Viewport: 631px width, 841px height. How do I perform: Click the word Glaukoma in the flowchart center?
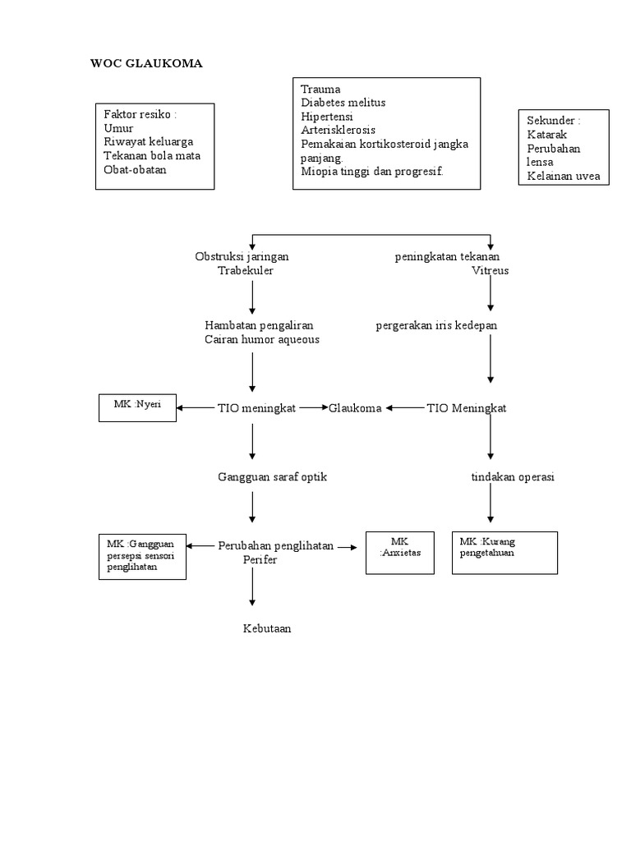pos(355,408)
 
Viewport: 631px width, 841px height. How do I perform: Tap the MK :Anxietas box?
pos(400,552)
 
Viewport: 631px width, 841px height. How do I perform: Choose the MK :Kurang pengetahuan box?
pos(504,552)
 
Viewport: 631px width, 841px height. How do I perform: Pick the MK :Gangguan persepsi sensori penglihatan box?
pos(140,555)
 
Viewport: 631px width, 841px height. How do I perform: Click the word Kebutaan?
pos(267,628)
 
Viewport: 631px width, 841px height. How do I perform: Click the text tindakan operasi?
pos(513,477)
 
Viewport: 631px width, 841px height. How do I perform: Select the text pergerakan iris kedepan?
pos(436,325)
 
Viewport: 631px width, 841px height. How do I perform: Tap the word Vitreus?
pos(491,270)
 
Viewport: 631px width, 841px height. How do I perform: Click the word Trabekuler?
pos(246,270)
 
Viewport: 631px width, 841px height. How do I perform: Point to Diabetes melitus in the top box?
pos(343,103)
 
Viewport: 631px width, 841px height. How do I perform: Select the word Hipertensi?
pos(329,116)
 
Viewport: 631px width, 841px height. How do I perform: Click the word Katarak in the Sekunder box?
pos(546,134)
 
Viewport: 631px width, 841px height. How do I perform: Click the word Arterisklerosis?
pos(339,130)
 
